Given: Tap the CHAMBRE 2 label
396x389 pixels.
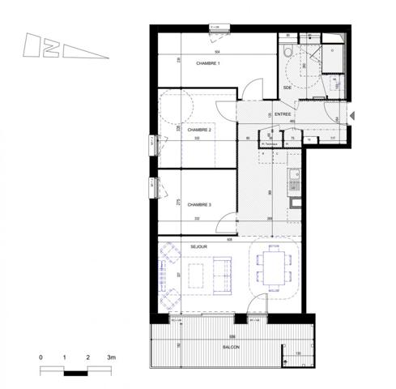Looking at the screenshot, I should point(198,130).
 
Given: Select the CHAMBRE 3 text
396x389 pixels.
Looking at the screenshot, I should point(198,205).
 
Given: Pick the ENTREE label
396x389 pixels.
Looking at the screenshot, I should point(283,115).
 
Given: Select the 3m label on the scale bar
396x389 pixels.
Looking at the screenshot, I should point(112,357).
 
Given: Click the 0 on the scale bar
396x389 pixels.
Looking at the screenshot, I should point(40,357).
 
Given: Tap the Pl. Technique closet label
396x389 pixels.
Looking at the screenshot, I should point(270,143).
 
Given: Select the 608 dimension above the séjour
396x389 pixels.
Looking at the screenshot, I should point(229,239).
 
